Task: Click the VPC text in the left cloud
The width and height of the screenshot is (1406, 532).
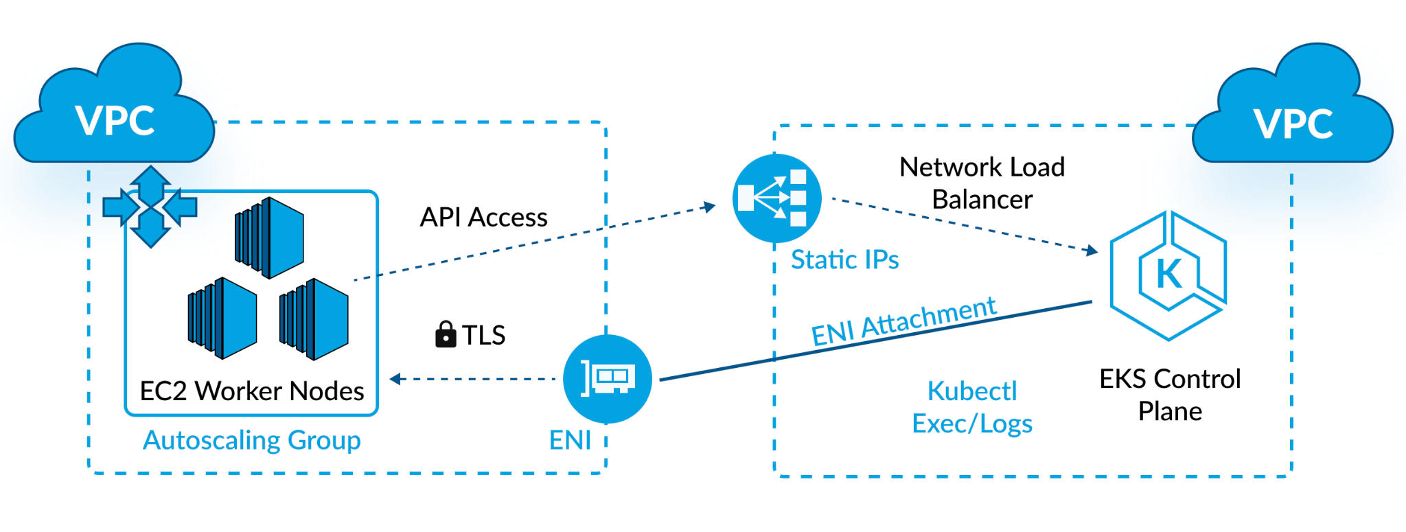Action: pos(115,122)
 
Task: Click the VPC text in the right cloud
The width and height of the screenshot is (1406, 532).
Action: pos(1293,124)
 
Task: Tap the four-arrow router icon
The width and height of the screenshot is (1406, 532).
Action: pos(150,206)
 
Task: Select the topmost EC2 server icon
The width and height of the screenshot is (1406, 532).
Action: pos(270,238)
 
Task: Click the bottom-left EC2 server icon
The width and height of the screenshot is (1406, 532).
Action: pos(222,318)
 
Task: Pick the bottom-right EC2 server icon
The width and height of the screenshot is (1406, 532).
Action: pos(314,319)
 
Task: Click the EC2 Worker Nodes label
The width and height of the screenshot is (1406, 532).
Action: pos(252,391)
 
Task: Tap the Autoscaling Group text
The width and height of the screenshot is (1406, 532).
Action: pos(251,440)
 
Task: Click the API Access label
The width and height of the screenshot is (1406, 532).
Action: pos(483,217)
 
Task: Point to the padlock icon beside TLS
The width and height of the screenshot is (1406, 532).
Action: pos(446,334)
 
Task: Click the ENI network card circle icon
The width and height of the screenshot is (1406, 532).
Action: pos(607,378)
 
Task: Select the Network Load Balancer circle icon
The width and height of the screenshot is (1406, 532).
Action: pos(776,198)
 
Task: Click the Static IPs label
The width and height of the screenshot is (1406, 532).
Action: pos(844,259)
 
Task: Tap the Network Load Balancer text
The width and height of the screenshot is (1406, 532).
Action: pos(982,183)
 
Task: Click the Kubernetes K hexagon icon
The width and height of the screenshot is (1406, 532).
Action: pos(1168,275)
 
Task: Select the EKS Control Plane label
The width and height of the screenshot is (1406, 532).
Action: pos(1170,395)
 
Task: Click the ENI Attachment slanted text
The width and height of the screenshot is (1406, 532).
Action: pos(903,320)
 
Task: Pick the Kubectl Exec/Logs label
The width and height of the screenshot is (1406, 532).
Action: pos(972,407)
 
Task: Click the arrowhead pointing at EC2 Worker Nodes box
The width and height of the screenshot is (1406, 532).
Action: pos(395,378)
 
